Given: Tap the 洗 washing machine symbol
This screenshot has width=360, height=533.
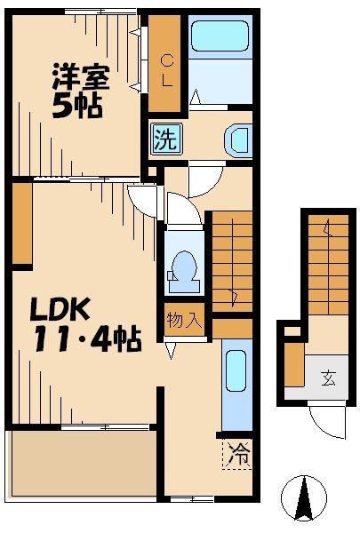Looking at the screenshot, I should pyautogui.click(x=165, y=139).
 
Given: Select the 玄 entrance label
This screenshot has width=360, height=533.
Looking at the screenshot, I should pyautogui.click(x=329, y=378).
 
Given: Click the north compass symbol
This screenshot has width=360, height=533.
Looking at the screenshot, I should pyautogui.click(x=304, y=498).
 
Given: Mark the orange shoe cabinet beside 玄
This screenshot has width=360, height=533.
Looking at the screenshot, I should pyautogui.click(x=294, y=364).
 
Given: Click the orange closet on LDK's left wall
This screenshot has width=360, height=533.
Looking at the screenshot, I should pyautogui.click(x=22, y=224).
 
